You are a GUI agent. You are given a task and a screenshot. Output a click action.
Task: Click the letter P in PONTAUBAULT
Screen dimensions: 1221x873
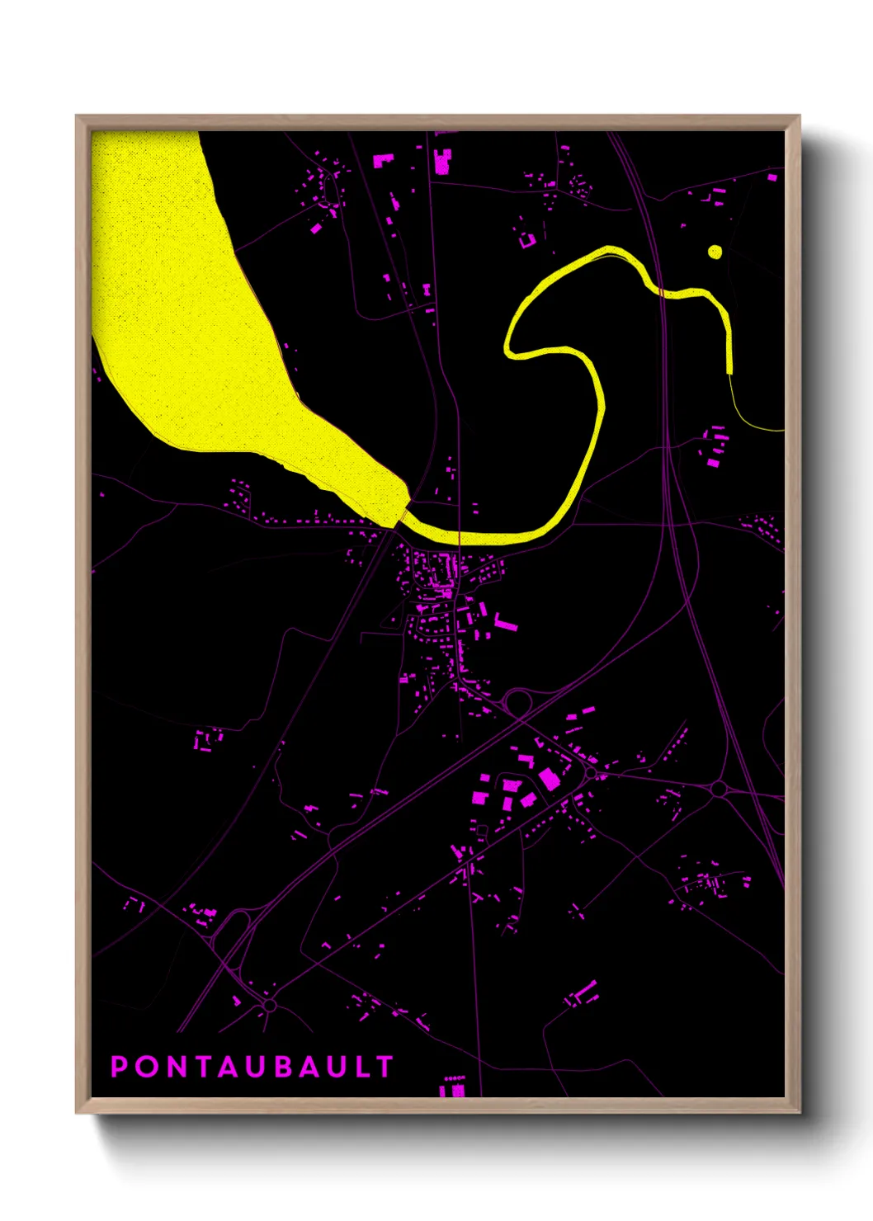tap(120, 1067)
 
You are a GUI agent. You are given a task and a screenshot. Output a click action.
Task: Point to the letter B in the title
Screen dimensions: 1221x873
tap(283, 1067)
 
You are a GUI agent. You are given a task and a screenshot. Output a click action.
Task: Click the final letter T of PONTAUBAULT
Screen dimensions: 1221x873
tap(385, 1067)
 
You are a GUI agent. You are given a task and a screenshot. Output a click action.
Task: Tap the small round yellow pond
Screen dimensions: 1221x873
tap(715, 252)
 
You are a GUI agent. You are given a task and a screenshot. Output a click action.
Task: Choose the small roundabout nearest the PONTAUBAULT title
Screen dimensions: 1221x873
tap(269, 1006)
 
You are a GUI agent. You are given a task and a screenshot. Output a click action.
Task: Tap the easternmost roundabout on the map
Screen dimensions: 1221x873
tap(718, 790)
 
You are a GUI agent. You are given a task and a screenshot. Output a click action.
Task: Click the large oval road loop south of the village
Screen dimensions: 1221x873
tap(518, 703)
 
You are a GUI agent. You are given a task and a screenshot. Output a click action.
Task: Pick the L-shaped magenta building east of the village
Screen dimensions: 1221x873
tap(504, 623)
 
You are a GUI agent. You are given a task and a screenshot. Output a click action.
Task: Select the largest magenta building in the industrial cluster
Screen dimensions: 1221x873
tap(549, 779)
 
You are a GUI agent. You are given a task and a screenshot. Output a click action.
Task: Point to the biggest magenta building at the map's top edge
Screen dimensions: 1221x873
tap(441, 162)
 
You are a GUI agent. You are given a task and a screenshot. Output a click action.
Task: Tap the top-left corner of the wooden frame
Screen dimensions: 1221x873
tap(77, 116)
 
